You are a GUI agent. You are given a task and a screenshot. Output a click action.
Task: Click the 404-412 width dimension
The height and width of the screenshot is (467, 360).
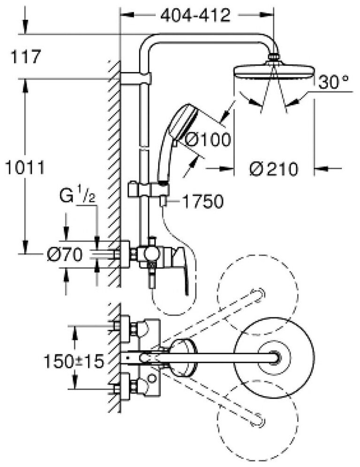[195, 15]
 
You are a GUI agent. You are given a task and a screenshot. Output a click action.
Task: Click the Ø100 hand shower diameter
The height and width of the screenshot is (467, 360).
[208, 139]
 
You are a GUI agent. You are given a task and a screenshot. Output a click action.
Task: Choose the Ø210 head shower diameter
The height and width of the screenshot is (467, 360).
[274, 168]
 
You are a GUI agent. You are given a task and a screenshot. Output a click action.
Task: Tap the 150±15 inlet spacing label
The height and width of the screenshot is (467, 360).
[74, 361]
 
